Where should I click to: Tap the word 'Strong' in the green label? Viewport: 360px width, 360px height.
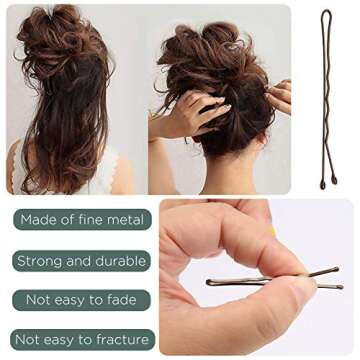pyautogui.click(x=40, y=261)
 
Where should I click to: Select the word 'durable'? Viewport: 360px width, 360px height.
pyautogui.click(x=121, y=261)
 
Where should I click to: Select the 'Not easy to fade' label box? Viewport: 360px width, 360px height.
pyautogui.click(x=81, y=300)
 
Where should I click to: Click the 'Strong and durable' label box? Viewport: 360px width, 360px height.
pyautogui.click(x=81, y=261)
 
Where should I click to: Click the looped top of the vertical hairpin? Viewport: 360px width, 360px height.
pyautogui.click(x=326, y=13)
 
